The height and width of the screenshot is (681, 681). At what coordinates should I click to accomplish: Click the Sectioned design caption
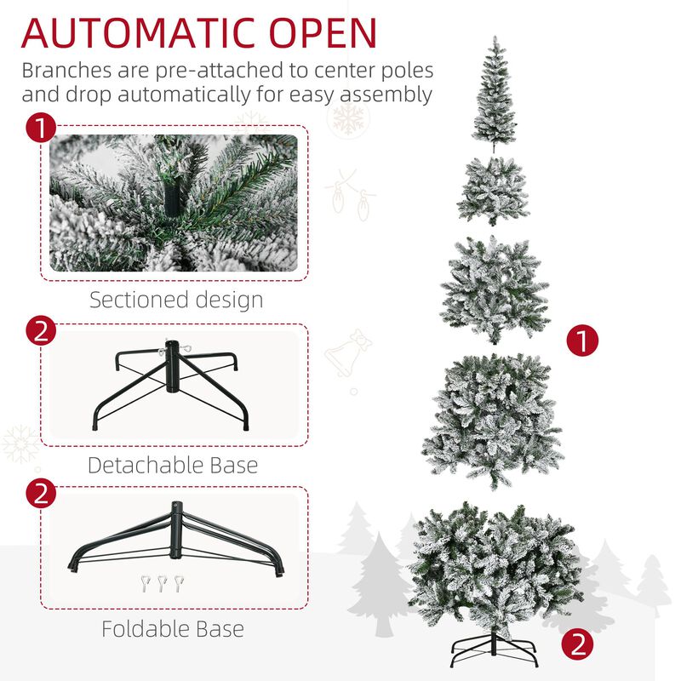176,300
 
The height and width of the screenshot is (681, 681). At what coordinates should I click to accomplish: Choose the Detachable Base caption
172,465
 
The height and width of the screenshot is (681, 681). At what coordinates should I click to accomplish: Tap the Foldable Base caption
172,629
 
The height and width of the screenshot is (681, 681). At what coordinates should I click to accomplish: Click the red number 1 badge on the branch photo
40,130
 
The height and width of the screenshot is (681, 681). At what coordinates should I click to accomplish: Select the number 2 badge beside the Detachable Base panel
40,332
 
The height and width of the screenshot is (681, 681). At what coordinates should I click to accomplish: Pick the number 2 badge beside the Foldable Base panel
40,495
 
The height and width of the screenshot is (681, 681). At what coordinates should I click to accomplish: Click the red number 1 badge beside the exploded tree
583,342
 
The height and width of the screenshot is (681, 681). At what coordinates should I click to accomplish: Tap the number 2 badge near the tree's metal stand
578,644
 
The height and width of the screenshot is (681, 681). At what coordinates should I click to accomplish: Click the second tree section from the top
493,191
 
